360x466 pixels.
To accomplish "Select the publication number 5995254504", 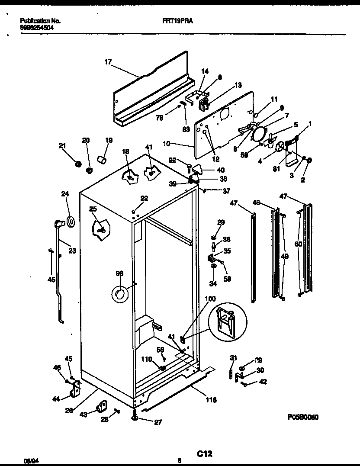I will point(37,27).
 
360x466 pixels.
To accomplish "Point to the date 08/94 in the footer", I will point(29,461).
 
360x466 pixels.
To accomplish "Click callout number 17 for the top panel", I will point(108,62).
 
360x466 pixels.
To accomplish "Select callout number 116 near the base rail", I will point(211,400).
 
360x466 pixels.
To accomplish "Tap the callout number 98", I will point(119,273).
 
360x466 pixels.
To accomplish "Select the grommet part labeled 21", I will point(78,164).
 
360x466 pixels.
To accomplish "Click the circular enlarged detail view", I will point(227,321).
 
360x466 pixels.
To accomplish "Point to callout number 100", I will point(210,299).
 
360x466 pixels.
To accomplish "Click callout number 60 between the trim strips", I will point(298,244).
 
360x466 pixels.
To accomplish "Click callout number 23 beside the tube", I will point(72,250).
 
